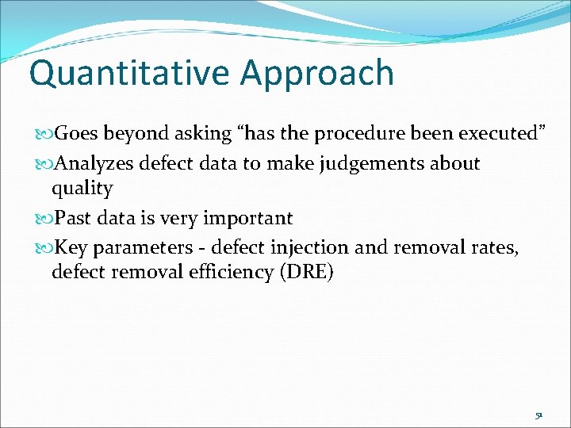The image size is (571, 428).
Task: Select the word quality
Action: point(82,189)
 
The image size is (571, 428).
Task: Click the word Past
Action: point(73,218)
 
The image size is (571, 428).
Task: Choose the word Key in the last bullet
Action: point(72,248)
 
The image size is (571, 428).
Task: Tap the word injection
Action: point(311,248)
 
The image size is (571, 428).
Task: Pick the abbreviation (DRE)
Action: point(305,273)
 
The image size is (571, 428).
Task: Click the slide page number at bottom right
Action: point(538,415)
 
